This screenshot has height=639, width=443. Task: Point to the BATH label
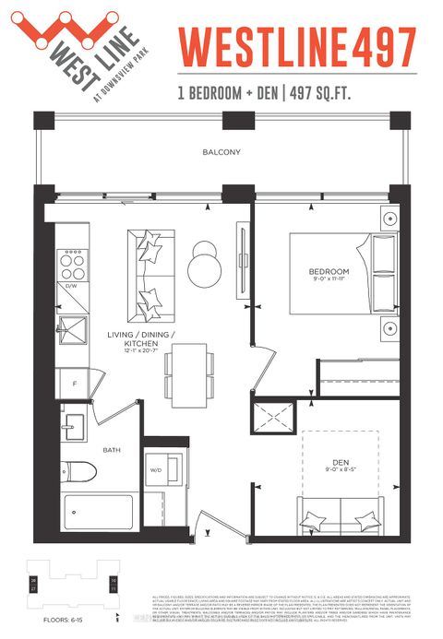tap(112, 450)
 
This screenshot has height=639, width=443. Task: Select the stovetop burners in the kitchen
tap(70, 265)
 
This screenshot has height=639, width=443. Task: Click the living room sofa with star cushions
tap(148, 269)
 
